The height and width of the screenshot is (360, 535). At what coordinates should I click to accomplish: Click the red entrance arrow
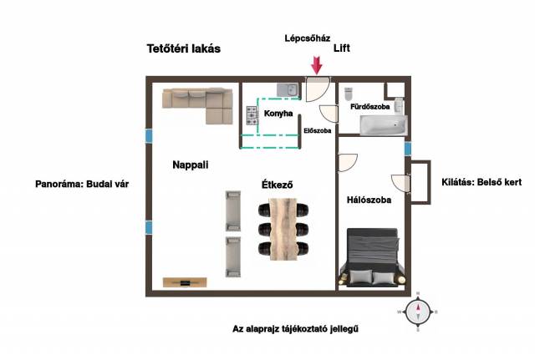317,65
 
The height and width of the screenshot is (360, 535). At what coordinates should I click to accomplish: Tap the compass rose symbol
418,312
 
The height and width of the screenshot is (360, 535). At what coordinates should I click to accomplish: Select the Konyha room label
278,114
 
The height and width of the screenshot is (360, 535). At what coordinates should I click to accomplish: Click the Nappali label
191,165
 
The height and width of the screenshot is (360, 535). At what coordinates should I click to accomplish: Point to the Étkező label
277,185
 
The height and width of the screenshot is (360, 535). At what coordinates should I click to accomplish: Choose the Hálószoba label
369,200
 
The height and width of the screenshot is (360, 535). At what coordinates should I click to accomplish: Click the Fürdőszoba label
369,107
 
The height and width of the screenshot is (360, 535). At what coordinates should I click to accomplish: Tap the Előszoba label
318,130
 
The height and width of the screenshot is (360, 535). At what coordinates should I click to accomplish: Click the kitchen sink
288,90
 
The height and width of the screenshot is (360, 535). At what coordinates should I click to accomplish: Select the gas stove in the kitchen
252,115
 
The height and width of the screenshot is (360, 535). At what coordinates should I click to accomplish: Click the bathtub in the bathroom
384,125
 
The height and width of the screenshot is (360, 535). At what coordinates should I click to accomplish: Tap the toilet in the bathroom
348,94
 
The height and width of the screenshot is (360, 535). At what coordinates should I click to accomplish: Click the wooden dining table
283,229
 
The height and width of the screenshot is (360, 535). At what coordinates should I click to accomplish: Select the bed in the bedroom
372,256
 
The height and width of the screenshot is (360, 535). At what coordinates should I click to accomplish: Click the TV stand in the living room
185,282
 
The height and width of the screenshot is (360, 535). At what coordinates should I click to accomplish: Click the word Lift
342,48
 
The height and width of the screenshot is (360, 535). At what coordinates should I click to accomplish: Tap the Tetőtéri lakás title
184,48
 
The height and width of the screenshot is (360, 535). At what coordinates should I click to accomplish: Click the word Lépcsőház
308,38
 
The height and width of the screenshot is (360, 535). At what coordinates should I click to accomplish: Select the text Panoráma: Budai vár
82,184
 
